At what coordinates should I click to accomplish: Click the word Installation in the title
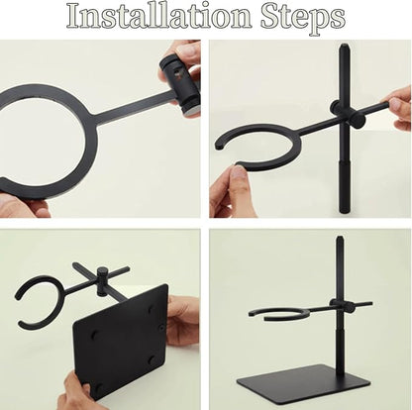click(159, 16)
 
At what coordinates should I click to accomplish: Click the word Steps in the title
click(303, 18)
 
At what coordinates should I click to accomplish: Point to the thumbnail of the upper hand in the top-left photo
click(186, 51)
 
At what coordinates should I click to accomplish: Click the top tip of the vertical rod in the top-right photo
click(344, 46)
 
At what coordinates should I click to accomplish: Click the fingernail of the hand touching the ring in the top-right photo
click(237, 171)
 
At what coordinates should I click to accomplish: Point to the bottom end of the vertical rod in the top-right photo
click(345, 212)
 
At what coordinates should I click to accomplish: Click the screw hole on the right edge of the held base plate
click(162, 328)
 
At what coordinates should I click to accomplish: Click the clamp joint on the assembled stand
click(340, 305)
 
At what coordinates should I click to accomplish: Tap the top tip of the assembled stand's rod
click(340, 238)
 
